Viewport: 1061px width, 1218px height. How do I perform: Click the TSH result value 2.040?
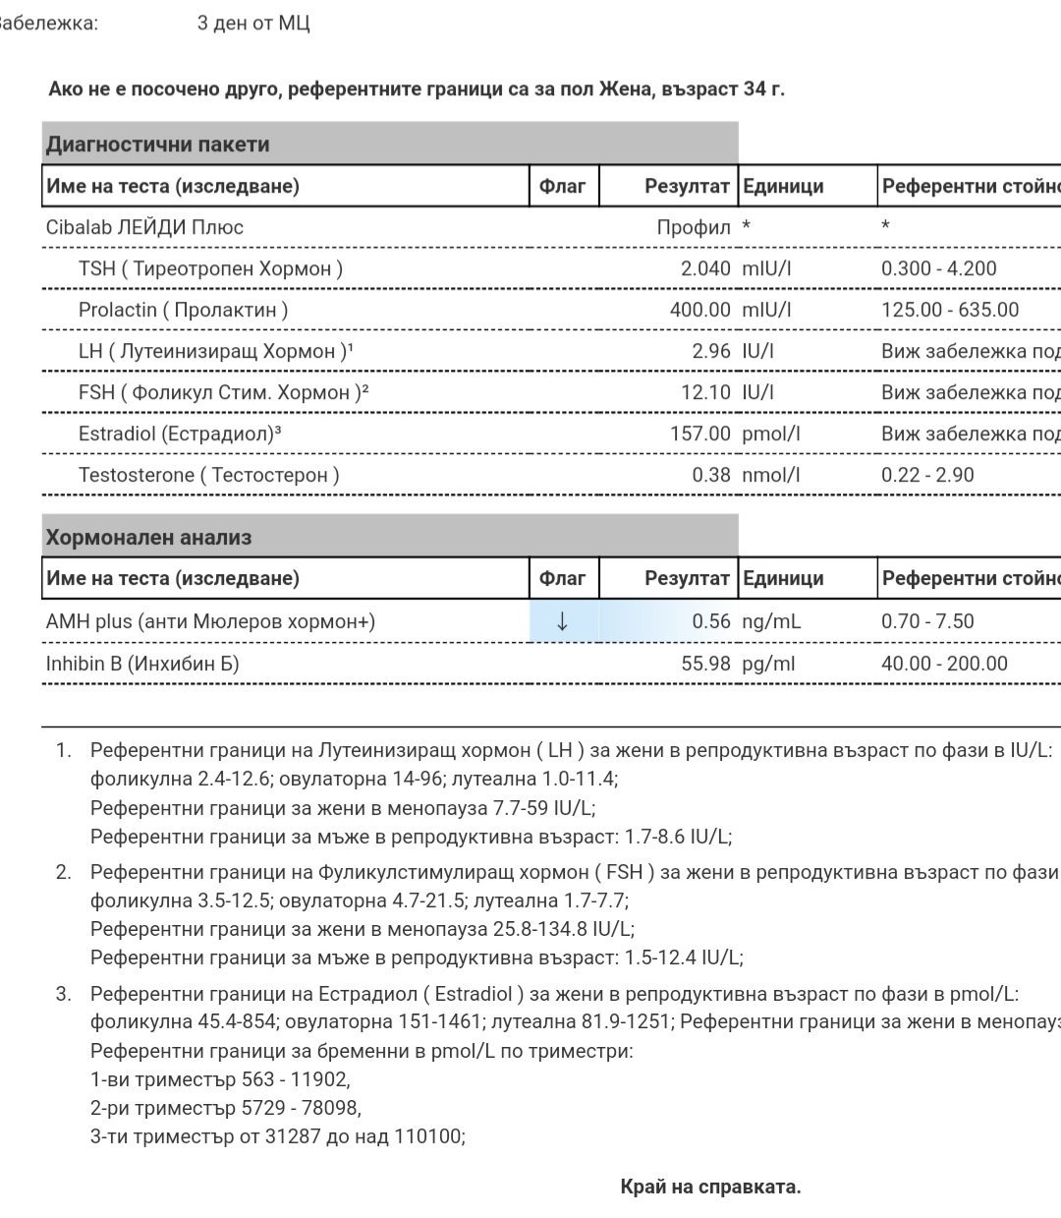[705, 268]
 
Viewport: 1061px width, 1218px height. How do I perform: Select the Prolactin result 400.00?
[698, 310]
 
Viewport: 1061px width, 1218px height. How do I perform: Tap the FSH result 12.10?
[705, 392]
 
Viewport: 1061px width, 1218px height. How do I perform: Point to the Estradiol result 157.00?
[698, 434]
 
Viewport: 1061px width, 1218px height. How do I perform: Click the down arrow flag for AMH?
[562, 621]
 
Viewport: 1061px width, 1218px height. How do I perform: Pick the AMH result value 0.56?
[711, 621]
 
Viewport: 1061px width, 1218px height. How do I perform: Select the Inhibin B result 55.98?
[705, 664]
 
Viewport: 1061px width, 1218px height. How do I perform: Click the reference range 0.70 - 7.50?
[927, 621]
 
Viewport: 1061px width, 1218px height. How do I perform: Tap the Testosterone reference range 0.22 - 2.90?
[927, 475]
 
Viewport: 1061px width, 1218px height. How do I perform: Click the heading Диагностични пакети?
[157, 145]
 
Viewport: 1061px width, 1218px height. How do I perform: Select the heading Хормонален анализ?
[148, 538]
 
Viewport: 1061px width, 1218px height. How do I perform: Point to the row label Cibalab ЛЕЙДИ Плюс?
[144, 227]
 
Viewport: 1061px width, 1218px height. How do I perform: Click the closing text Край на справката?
[710, 1187]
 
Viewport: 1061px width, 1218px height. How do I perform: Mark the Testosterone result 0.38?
[711, 475]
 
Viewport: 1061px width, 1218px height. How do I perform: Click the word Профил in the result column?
[694, 227]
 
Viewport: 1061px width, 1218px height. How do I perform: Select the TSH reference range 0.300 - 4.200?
[938, 268]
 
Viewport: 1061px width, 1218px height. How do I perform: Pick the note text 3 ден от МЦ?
[253, 23]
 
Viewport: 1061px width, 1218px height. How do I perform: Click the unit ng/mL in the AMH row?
[771, 621]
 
